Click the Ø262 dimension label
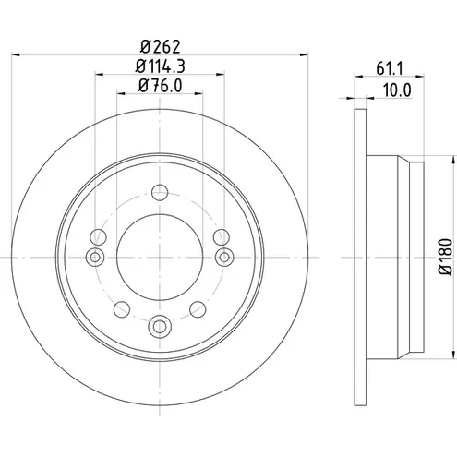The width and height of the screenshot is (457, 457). tap(160, 46)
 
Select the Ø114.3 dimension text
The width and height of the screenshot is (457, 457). tap(160, 66)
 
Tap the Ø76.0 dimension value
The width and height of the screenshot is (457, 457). tap(160, 85)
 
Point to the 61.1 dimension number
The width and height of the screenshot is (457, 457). tap(390, 68)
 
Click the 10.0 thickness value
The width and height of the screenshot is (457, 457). tap(397, 90)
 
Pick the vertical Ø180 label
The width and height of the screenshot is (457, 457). tap(446, 257)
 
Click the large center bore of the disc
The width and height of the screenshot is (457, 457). tap(160, 257)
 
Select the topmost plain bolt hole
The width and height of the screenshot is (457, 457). tap(160, 192)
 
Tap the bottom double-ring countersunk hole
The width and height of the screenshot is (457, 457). tap(160, 326)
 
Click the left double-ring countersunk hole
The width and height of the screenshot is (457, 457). tap(95, 257)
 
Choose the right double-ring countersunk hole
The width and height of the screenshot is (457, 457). tap(224, 257)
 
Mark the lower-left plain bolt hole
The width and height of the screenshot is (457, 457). tap(122, 309)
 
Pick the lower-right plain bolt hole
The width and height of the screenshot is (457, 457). tap(198, 309)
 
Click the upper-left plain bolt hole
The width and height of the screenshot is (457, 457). tap(98, 237)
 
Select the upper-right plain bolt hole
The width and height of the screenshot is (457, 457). tap(222, 237)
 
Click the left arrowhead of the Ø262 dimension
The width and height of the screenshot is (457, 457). tap(16, 54)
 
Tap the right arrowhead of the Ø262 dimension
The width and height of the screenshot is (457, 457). tap(304, 54)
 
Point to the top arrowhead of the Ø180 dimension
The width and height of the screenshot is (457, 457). tap(453, 160)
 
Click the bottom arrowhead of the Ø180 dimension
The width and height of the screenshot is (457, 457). tap(453, 354)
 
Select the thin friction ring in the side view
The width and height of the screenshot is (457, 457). tap(360, 257)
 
